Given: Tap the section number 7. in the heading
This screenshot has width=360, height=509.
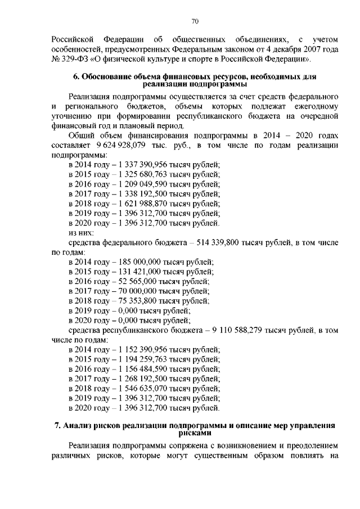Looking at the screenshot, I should click(57, 426).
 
